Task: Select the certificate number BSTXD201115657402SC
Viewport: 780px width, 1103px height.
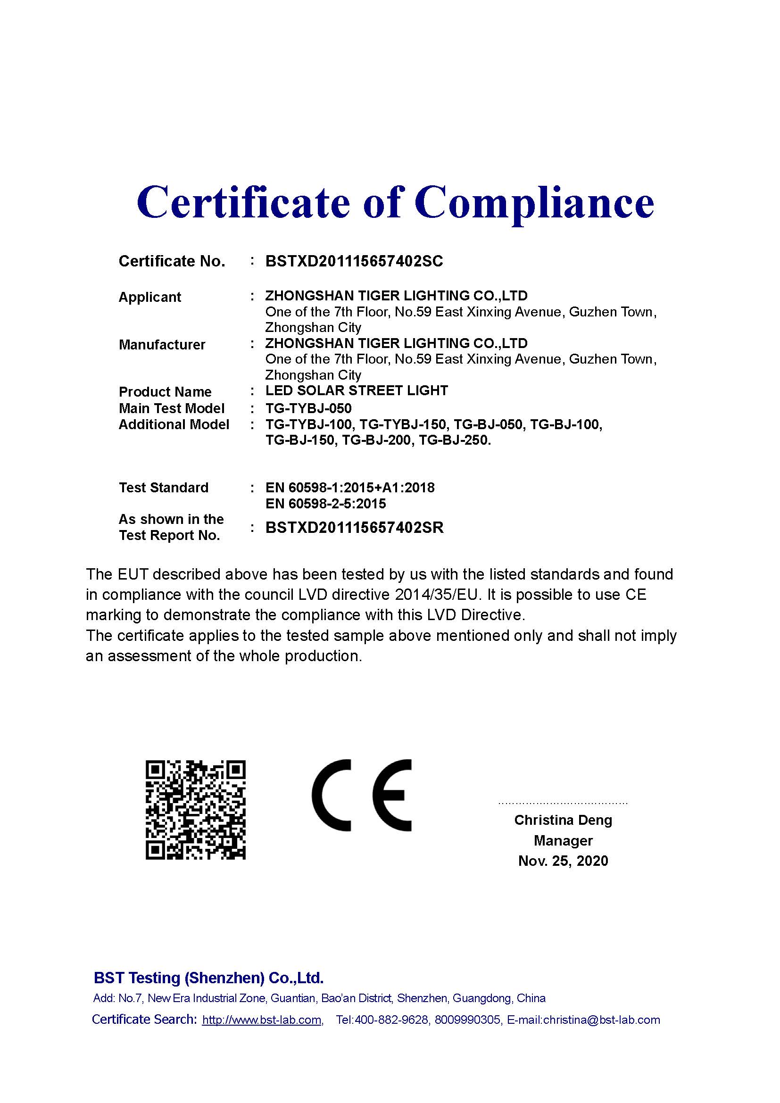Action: [x=354, y=261]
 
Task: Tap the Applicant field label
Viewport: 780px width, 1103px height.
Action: [x=150, y=297]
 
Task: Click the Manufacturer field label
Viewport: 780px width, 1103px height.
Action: [x=162, y=344]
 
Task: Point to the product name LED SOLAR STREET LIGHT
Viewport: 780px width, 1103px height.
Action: [x=357, y=390]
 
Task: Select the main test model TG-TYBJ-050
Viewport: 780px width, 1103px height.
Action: [x=308, y=408]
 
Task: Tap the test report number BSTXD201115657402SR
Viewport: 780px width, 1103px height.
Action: [x=355, y=528]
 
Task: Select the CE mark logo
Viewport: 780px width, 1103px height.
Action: [x=362, y=795]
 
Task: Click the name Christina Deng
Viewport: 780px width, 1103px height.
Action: [x=563, y=820]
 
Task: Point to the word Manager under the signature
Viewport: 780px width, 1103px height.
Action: [x=563, y=840]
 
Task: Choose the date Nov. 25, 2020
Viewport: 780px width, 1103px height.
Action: [x=563, y=861]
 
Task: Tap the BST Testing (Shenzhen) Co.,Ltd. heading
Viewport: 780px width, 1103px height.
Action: [x=208, y=978]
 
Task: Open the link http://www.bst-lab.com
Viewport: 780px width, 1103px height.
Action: [x=262, y=1020]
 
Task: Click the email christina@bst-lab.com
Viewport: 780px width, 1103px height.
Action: [x=601, y=1020]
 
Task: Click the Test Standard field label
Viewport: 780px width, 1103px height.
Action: [x=163, y=488]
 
